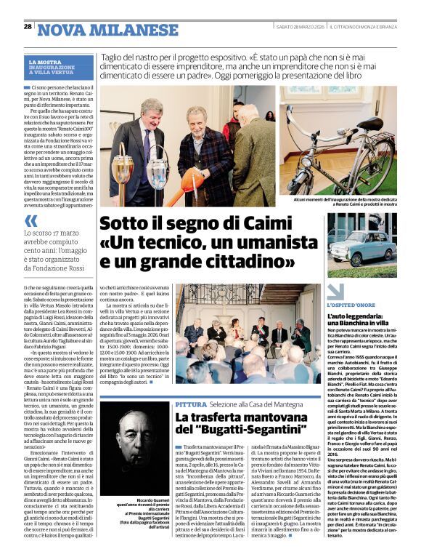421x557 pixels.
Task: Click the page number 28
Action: click(28, 26)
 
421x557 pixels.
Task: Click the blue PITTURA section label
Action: click(192, 404)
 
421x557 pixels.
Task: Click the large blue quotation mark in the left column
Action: click(31, 221)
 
